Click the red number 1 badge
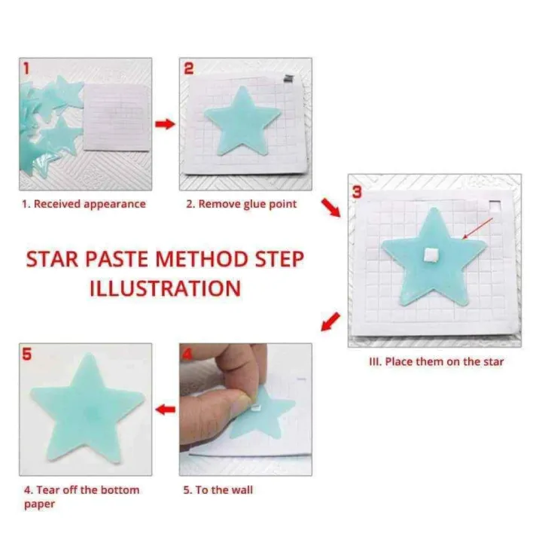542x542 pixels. point(28,69)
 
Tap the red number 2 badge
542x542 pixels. point(189,69)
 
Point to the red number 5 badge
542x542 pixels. point(28,355)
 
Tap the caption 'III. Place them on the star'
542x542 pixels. point(436,362)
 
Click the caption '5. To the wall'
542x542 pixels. point(218,490)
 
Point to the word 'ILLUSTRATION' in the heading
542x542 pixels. point(166,288)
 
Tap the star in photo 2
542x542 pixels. point(243,123)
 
